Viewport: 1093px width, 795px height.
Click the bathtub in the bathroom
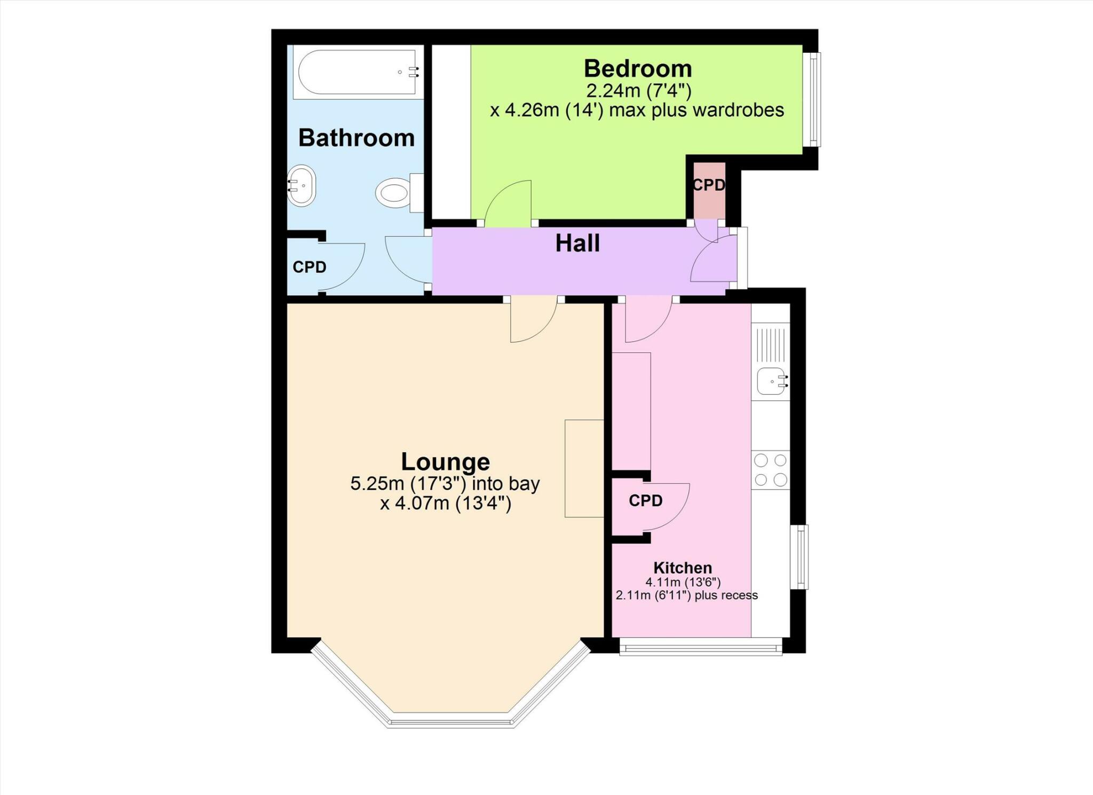pos(357,72)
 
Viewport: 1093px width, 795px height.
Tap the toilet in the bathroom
pos(395,193)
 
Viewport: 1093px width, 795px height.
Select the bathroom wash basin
pos(302,186)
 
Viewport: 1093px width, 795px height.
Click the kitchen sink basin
pos(771,381)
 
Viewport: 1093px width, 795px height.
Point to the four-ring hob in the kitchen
pos(771,470)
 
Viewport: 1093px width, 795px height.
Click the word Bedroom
pos(638,69)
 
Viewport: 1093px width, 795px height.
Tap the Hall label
pos(577,243)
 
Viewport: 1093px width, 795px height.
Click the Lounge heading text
pos(445,462)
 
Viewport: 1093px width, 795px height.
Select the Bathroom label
pos(357,138)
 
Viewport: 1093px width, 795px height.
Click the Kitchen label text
pos(683,568)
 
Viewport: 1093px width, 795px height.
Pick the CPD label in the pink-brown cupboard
pos(709,185)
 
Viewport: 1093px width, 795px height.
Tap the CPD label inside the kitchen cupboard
pos(645,501)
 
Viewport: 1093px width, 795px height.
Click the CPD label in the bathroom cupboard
pos(310,267)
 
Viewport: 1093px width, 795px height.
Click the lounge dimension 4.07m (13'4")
pos(446,503)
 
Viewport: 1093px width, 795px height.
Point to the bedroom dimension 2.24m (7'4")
pos(638,91)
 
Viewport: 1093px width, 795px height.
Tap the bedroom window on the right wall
pos(812,99)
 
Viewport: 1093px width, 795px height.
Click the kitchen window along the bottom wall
pos(701,649)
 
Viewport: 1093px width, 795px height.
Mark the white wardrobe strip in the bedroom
pos(451,132)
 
